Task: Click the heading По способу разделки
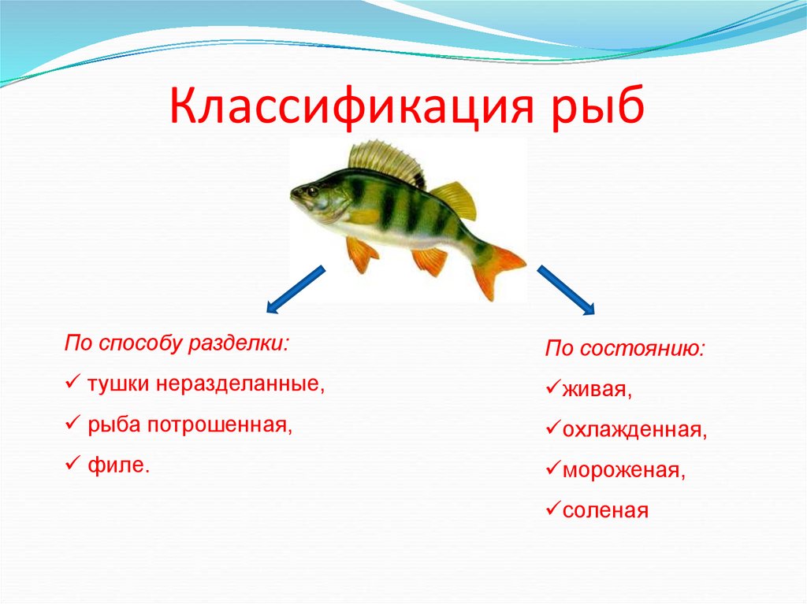(177, 344)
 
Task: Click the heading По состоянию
(625, 349)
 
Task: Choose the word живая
(595, 389)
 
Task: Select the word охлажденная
(634, 430)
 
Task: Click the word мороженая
(622, 470)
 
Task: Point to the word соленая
(604, 510)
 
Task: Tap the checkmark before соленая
(552, 510)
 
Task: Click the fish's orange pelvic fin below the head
(362, 253)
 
